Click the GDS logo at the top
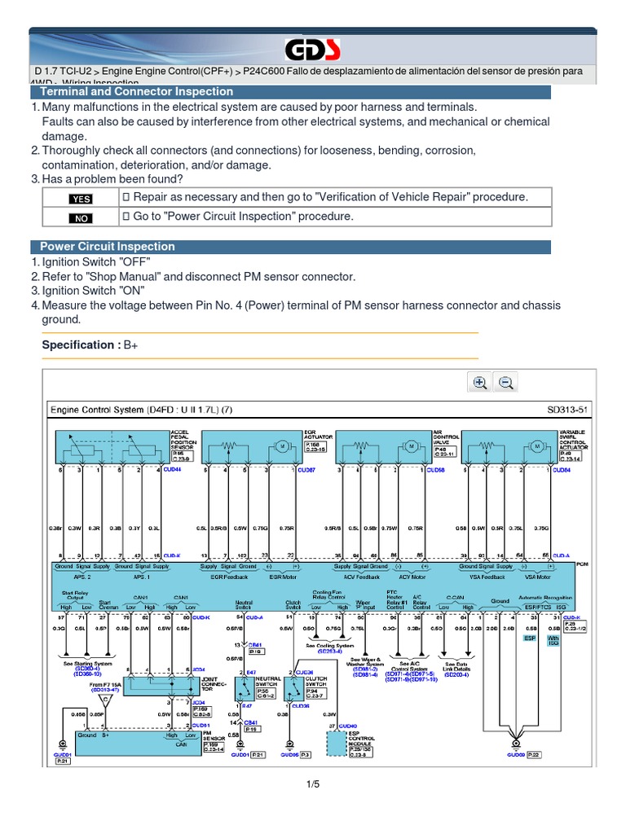click(x=312, y=50)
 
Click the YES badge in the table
click(x=82, y=199)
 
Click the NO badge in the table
click(x=82, y=217)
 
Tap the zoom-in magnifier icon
click(x=479, y=383)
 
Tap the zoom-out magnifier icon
click(x=505, y=383)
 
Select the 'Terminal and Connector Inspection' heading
click(x=137, y=92)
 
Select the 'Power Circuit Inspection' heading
click(x=108, y=246)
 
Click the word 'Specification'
click(x=77, y=345)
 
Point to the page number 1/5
click(x=313, y=784)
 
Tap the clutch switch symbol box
click(x=292, y=689)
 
